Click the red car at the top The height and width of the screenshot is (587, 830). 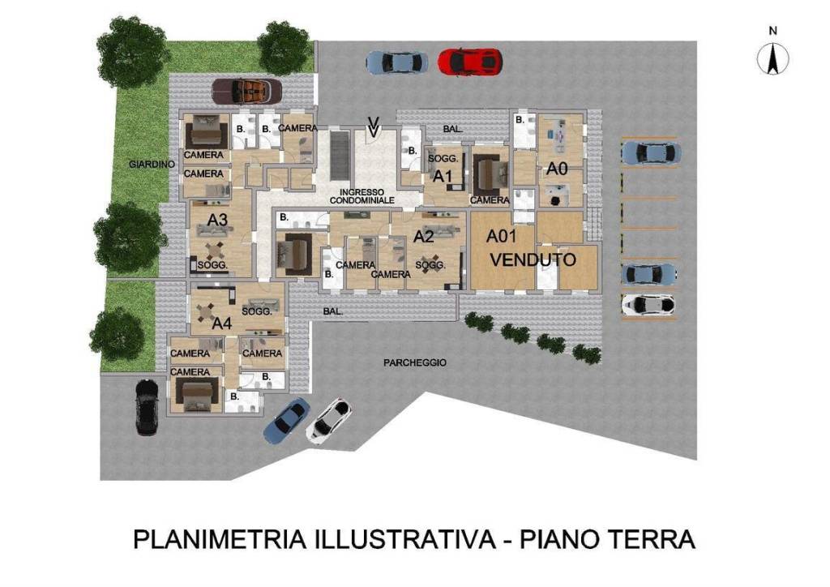[x=469, y=61]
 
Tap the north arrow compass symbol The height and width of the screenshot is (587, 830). [x=773, y=58]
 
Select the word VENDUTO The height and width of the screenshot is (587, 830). [x=533, y=260]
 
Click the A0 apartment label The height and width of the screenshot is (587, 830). [x=557, y=169]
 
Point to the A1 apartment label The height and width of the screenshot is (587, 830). [x=442, y=175]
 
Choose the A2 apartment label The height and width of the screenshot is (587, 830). [x=423, y=237]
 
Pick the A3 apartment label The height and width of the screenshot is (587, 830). [x=217, y=219]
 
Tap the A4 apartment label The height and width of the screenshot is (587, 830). [x=222, y=323]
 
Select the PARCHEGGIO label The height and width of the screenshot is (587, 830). [x=415, y=363]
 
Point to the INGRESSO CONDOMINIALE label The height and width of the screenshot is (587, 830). [x=362, y=195]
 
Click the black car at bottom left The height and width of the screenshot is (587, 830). [x=146, y=405]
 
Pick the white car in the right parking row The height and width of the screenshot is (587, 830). [x=648, y=304]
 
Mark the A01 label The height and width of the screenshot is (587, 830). [x=503, y=237]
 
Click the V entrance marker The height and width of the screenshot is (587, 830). [x=373, y=126]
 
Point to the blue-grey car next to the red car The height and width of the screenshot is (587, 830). [x=397, y=62]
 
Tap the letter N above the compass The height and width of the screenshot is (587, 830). [x=773, y=31]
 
